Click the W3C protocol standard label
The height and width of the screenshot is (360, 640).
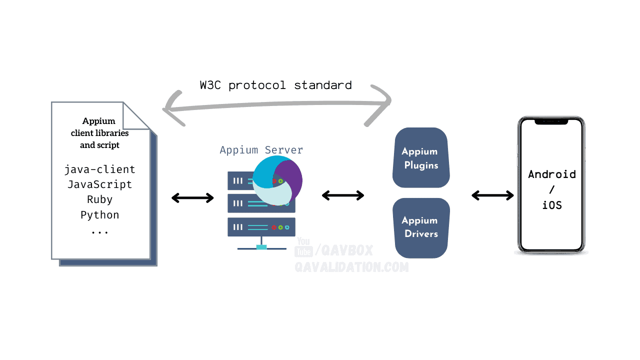[275, 85]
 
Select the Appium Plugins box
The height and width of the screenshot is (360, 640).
[421, 158]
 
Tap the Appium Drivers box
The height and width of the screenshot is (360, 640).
[421, 227]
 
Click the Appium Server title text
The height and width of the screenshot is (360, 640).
[261, 150]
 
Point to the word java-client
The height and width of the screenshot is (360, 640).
[100, 169]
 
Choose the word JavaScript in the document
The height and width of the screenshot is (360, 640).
[100, 184]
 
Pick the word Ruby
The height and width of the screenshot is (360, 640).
[100, 199]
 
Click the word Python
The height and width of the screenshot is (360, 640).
[100, 215]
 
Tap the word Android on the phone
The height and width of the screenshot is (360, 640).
[552, 174]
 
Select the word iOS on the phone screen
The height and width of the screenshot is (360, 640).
[552, 204]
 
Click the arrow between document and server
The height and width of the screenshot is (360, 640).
[192, 198]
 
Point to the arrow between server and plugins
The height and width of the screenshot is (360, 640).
[343, 195]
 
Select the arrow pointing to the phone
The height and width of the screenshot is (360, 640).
[493, 195]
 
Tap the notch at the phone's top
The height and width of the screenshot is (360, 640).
[551, 121]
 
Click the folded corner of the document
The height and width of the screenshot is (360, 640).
[136, 116]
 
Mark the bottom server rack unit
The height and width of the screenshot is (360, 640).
[261, 227]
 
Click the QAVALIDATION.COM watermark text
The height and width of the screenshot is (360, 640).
[351, 267]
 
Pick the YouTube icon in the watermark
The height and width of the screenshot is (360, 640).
[303, 247]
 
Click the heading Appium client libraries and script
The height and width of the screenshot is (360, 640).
[99, 133]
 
